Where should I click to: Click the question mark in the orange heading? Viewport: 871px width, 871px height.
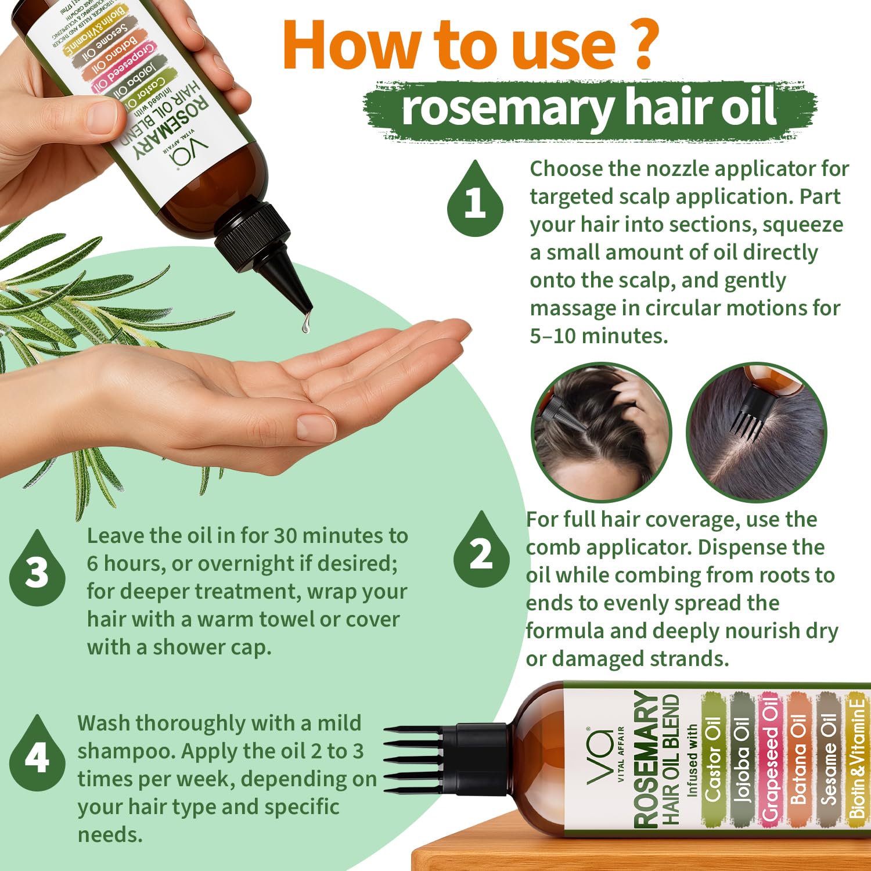(642, 45)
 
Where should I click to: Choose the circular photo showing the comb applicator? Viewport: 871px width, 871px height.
(756, 432)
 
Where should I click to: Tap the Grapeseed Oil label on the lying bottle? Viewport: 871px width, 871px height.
(770, 758)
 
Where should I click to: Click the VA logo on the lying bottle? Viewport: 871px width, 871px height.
(600, 755)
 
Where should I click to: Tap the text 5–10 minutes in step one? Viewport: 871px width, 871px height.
(599, 336)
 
